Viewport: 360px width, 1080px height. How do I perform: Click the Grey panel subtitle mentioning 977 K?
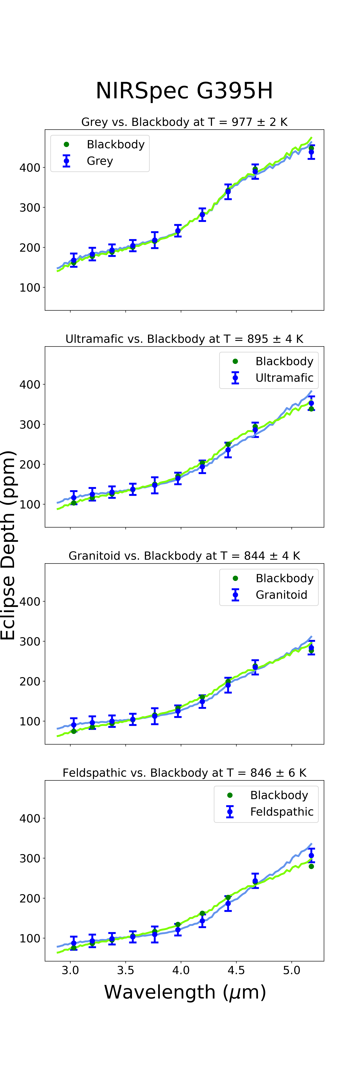click(184, 122)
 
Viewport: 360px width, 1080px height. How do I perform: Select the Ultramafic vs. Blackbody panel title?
click(184, 339)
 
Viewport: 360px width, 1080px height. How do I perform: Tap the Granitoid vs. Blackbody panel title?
click(184, 556)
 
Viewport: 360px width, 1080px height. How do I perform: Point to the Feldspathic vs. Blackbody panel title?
click(184, 773)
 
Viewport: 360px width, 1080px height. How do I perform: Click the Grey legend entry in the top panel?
click(100, 161)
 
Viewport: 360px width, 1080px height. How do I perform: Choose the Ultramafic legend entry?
click(284, 378)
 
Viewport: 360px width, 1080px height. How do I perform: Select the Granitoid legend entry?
click(281, 595)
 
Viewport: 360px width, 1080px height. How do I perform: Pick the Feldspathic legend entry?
click(282, 812)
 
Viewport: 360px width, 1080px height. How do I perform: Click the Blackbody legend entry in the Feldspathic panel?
click(279, 795)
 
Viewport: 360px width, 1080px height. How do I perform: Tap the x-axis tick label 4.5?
click(236, 970)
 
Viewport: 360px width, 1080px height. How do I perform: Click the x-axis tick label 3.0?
click(70, 970)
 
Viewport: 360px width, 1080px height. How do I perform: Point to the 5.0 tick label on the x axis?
click(292, 970)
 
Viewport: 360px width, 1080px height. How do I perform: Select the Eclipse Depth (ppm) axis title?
click(8, 545)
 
